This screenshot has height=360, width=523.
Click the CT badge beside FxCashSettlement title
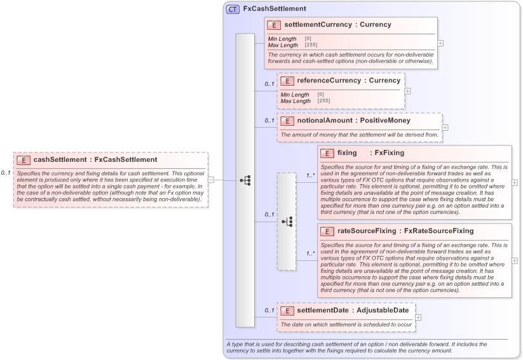point(233,9)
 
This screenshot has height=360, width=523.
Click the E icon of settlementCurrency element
point(274,25)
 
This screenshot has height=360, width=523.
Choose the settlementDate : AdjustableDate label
point(352,310)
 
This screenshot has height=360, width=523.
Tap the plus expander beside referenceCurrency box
point(407,91)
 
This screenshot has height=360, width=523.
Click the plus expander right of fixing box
point(514,182)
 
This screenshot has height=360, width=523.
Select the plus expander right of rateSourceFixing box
point(514,260)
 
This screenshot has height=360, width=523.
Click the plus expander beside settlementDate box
point(418,317)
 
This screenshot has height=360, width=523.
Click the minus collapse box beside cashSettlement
point(211,180)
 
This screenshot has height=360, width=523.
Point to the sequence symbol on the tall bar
point(245,180)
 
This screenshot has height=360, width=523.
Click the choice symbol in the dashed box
point(287,221)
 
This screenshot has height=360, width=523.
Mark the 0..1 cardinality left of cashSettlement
point(6,173)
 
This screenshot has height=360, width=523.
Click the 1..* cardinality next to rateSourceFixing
point(311,253)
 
